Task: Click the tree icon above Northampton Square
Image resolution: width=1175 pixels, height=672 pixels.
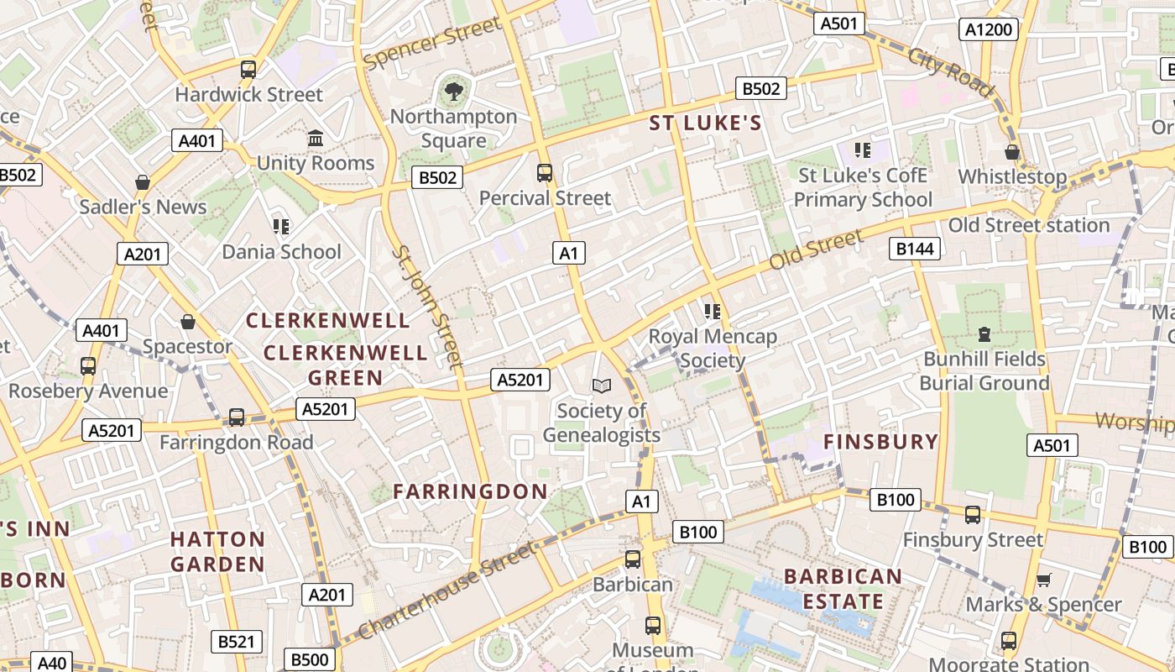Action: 453,90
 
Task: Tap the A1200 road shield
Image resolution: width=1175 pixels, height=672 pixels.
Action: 989,30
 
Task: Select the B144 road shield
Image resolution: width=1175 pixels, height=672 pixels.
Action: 915,248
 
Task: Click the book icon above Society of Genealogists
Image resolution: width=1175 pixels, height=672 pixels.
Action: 602,386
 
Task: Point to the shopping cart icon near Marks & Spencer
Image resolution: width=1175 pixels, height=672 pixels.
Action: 1044,580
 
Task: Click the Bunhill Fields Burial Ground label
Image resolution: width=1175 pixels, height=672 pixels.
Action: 984,371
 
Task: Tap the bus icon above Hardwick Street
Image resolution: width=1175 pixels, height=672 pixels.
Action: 248,70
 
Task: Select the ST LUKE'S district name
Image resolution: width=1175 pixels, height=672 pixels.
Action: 706,123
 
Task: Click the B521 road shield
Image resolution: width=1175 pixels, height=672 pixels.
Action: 236,642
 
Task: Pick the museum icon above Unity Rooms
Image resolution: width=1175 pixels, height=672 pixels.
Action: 316,138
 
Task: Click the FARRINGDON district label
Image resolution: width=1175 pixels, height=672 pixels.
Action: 470,491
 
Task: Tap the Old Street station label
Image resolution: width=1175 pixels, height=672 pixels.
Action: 1029,225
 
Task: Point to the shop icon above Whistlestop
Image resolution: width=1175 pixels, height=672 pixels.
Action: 1012,152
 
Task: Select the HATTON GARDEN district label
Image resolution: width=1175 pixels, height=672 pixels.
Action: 217,551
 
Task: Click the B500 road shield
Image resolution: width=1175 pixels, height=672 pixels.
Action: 309,659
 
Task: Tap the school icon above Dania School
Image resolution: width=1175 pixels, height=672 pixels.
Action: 280,226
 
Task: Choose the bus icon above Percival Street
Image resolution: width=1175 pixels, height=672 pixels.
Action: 545,173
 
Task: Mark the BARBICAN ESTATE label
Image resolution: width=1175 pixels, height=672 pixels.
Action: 843,589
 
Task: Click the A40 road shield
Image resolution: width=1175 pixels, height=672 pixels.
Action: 52,663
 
